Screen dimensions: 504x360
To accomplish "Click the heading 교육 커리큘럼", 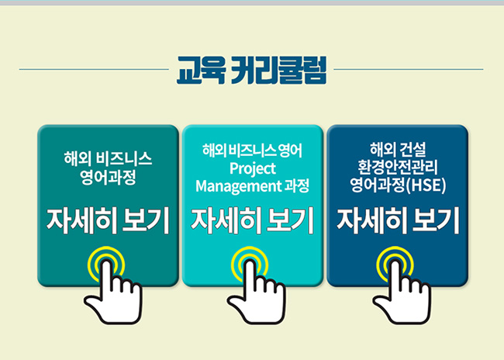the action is [251, 70].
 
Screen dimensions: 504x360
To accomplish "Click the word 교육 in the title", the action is [201, 70].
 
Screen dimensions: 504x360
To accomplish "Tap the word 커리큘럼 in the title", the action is [278, 70].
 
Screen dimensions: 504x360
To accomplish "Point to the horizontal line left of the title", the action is [94, 69].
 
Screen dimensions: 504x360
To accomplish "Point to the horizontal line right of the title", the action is [409, 69].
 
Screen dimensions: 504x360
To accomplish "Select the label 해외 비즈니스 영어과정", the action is [108, 168].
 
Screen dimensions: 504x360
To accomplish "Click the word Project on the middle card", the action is [253, 169].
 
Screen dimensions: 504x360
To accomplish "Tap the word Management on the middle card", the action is [239, 186].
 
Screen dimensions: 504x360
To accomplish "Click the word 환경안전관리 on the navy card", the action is [398, 168].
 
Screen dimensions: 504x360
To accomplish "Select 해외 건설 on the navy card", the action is [398, 149].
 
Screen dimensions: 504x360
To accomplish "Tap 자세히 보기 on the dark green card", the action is [108, 220].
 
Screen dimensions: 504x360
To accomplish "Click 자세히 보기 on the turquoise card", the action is [252, 220].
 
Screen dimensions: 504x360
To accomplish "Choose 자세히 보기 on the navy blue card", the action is [398, 220].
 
